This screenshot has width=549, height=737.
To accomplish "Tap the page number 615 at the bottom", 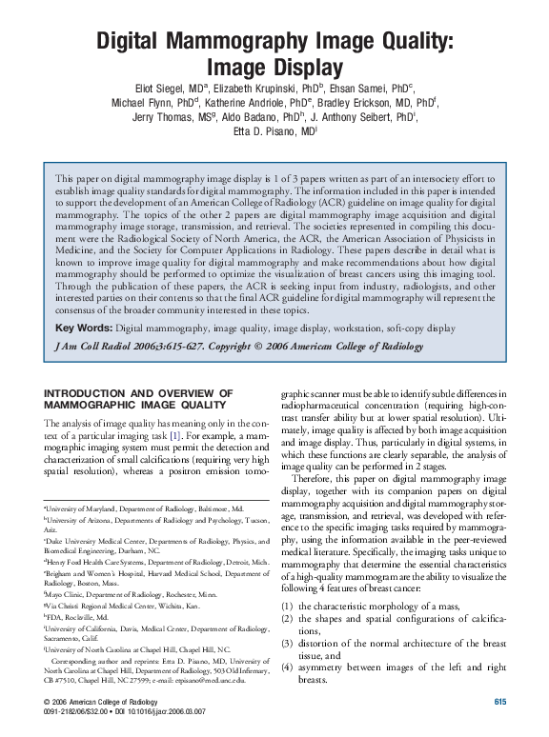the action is (499, 702).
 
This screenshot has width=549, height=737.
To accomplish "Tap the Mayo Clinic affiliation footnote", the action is (117, 592).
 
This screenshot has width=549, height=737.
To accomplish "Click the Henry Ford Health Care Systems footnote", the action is (148, 562).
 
